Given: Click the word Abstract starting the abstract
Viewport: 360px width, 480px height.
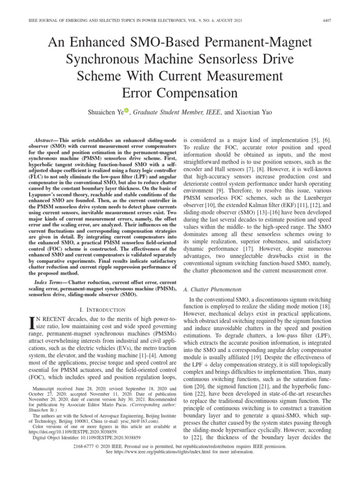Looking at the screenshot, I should coord(48,141).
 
